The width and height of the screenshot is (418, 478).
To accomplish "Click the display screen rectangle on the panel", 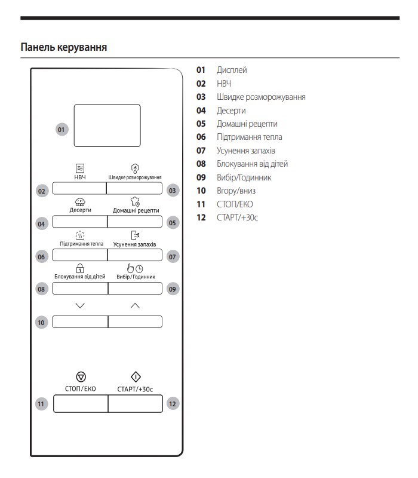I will (x=107, y=125).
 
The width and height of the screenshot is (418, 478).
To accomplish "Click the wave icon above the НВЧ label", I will (x=80, y=168).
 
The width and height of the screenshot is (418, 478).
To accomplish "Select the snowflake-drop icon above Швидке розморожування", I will (x=135, y=168).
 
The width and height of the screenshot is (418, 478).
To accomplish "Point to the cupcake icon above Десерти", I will (x=80, y=203).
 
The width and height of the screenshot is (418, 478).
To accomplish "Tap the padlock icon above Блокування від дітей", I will (x=80, y=268).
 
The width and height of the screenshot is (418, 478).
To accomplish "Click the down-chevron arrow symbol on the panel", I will (x=81, y=305).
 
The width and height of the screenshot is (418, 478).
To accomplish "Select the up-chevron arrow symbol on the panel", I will (x=135, y=305).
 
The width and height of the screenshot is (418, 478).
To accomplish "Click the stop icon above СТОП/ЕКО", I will (x=81, y=376).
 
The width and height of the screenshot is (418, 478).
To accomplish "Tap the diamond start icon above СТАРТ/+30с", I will (x=135, y=376).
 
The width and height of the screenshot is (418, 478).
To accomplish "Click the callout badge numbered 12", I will (x=173, y=404).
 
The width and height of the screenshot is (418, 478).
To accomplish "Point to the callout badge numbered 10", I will (x=41, y=322).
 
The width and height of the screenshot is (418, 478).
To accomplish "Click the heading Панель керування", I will (x=64, y=47).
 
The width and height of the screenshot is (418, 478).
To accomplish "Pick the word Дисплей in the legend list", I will (x=232, y=70).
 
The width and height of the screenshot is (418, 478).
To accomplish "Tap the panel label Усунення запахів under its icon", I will (x=134, y=244).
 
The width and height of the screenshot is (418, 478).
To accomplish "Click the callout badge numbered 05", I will (x=173, y=223).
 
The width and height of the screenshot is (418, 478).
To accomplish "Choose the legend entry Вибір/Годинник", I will (x=244, y=177).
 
